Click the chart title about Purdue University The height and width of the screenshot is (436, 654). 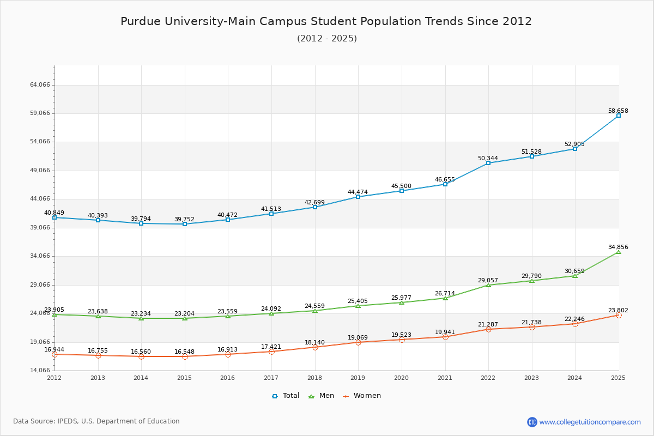pyautogui.click(x=326, y=21)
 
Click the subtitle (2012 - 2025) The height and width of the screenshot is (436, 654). pyautogui.click(x=327, y=39)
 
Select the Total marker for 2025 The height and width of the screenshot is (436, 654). pyautogui.click(x=619, y=116)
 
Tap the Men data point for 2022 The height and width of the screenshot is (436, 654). pyautogui.click(x=488, y=285)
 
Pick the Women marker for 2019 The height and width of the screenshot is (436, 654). pyautogui.click(x=358, y=342)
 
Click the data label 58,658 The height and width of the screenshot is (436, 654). pyautogui.click(x=618, y=111)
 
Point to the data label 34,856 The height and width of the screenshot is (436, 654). pyautogui.click(x=618, y=247)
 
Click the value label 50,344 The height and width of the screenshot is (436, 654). pyautogui.click(x=488, y=158)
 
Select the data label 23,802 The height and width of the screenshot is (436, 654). pyautogui.click(x=618, y=310)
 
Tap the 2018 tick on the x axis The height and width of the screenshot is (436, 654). pyautogui.click(x=315, y=378)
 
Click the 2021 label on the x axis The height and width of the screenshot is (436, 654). pyautogui.click(x=445, y=378)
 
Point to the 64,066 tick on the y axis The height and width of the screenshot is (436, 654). pyautogui.click(x=40, y=85)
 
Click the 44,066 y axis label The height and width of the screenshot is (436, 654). pyautogui.click(x=40, y=199)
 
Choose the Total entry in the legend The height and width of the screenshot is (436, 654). pyautogui.click(x=286, y=396)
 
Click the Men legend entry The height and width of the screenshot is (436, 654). pyautogui.click(x=322, y=396)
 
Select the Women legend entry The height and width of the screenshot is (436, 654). pyautogui.click(x=362, y=396)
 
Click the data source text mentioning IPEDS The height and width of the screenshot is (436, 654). pyautogui.click(x=96, y=421)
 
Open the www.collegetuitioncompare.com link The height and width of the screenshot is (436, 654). pyautogui.click(x=590, y=422)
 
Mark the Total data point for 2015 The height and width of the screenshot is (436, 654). pyautogui.click(x=185, y=224)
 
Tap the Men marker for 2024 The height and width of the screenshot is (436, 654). pyautogui.click(x=575, y=276)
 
